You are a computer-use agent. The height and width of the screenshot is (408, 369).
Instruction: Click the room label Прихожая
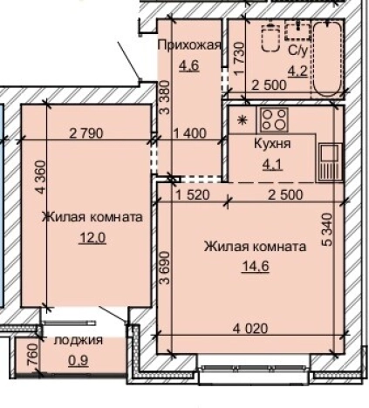188,45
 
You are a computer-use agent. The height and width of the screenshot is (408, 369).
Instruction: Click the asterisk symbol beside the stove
243,119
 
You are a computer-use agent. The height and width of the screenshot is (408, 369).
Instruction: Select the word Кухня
271,143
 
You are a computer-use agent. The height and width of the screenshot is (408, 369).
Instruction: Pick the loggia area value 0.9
79,357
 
